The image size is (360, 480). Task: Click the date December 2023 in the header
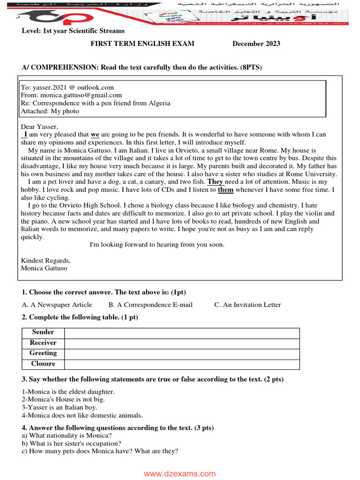click(x=256, y=44)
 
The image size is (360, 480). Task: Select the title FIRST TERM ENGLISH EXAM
click(x=142, y=44)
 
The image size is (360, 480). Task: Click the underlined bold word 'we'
click(x=95, y=135)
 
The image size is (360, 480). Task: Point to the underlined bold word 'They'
click(x=216, y=182)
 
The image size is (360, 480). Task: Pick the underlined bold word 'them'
click(x=225, y=190)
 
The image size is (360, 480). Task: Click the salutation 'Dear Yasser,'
click(x=39, y=127)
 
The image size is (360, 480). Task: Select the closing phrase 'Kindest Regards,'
click(x=46, y=261)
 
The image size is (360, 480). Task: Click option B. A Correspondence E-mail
click(x=150, y=305)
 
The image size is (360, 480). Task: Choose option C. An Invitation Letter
click(x=247, y=305)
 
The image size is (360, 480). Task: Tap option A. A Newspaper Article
click(x=57, y=305)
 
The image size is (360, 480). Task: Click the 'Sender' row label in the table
click(x=43, y=332)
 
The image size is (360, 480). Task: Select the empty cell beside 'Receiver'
click(x=182, y=343)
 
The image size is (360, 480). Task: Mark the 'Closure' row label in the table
click(x=43, y=364)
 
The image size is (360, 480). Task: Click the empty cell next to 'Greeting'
click(x=182, y=353)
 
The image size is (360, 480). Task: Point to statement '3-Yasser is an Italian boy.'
click(x=60, y=407)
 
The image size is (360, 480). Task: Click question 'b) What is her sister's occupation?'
click(x=71, y=443)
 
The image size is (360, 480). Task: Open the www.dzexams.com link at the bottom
click(x=180, y=474)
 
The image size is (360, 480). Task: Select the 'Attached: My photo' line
click(x=50, y=111)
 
